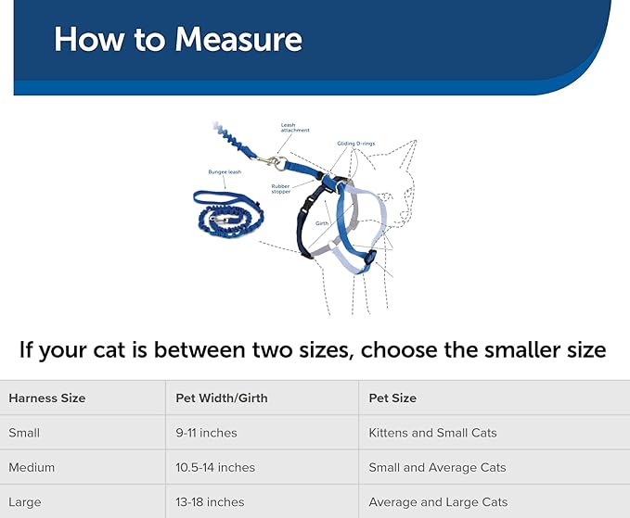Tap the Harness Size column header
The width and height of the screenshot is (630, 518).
pyautogui.click(x=46, y=398)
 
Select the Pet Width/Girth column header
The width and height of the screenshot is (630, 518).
pyautogui.click(x=222, y=398)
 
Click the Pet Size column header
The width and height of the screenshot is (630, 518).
pyautogui.click(x=392, y=398)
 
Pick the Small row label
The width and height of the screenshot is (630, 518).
pyautogui.click(x=24, y=433)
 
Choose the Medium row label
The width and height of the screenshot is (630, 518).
pyautogui.click(x=31, y=467)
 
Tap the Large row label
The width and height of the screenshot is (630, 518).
pyautogui.click(x=25, y=502)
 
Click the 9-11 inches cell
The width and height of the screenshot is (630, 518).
pyautogui.click(x=206, y=433)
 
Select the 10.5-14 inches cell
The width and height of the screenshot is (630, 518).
pyautogui.click(x=215, y=467)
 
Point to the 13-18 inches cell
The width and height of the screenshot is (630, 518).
pyautogui.click(x=210, y=502)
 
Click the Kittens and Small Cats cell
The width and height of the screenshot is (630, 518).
pyautogui.click(x=432, y=433)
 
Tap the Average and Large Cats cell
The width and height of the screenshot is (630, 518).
pyautogui.click(x=438, y=502)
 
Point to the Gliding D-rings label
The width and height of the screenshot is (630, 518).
pyautogui.click(x=357, y=144)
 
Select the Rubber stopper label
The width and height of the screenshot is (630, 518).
pyautogui.click(x=280, y=189)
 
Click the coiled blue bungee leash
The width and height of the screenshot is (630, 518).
pyautogui.click(x=227, y=212)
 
